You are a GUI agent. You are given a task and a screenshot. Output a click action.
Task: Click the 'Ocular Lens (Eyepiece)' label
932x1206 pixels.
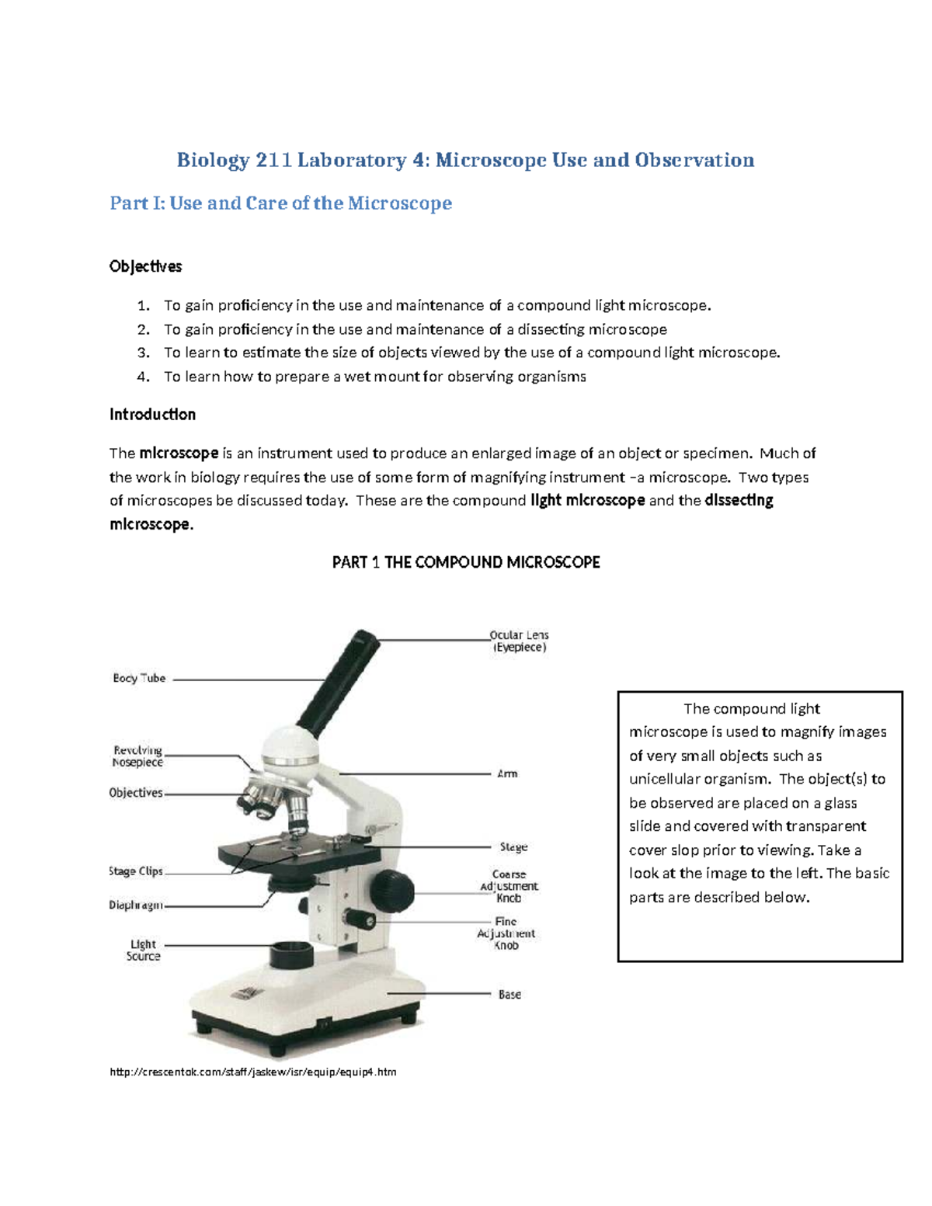(x=519, y=641)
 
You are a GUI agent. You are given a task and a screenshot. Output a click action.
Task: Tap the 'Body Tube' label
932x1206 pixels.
(x=139, y=678)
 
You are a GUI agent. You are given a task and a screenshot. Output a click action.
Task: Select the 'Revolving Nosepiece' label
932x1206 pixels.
(x=137, y=756)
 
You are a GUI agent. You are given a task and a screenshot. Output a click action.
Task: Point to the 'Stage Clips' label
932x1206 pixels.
(x=136, y=871)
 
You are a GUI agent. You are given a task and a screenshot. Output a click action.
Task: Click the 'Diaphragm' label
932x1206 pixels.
(x=136, y=905)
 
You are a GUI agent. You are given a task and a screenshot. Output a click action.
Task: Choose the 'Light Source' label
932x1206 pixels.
(x=143, y=951)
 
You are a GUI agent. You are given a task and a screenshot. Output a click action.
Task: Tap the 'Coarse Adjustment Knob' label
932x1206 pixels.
(x=509, y=886)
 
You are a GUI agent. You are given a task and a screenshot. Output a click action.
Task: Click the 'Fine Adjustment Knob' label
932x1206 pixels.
(x=506, y=933)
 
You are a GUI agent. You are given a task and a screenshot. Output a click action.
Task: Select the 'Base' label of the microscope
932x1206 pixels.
(x=509, y=994)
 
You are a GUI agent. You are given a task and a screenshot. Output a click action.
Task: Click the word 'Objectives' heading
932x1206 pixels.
(x=145, y=266)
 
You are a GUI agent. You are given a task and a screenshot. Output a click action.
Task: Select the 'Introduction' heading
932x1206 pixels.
(x=152, y=414)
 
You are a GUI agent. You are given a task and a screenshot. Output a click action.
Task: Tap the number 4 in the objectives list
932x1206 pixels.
(x=142, y=377)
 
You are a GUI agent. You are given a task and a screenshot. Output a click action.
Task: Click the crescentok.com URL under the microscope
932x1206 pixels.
(x=253, y=1072)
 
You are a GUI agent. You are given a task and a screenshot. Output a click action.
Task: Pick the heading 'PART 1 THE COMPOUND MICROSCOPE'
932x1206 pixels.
(x=466, y=562)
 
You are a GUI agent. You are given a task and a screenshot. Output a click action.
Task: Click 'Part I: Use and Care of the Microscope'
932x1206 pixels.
(x=280, y=203)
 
